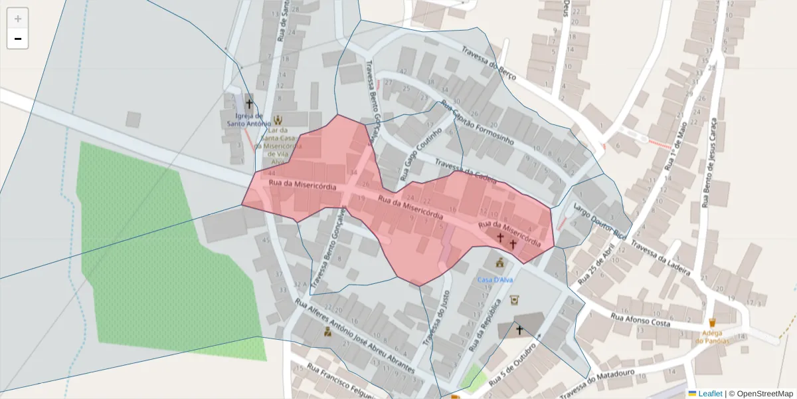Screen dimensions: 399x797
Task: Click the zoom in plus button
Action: [18, 18]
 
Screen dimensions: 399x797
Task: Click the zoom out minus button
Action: [18, 39]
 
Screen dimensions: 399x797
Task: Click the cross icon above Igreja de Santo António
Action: [250, 103]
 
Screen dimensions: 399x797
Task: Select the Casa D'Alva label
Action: [495, 280]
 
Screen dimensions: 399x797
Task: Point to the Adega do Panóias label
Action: [712, 336]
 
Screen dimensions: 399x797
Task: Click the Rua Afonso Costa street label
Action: [642, 321]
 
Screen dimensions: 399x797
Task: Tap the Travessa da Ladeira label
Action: [662, 259]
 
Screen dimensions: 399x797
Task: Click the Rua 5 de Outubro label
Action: [512, 366]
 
